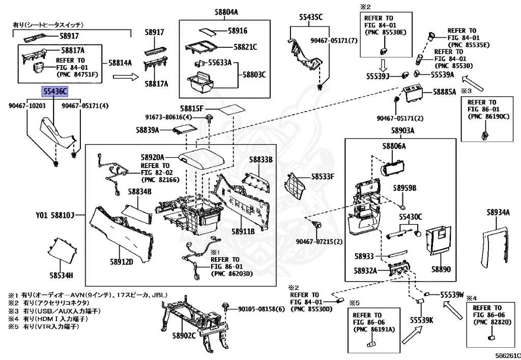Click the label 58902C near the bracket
pyautogui.click(x=184, y=336)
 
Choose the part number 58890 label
pyautogui.click(x=441, y=269)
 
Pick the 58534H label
pyautogui.click(x=61, y=275)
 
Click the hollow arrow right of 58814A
pyautogui.click(x=125, y=77)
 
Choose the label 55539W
pyautogui.click(x=452, y=294)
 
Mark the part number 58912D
pyautogui.click(x=121, y=262)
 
